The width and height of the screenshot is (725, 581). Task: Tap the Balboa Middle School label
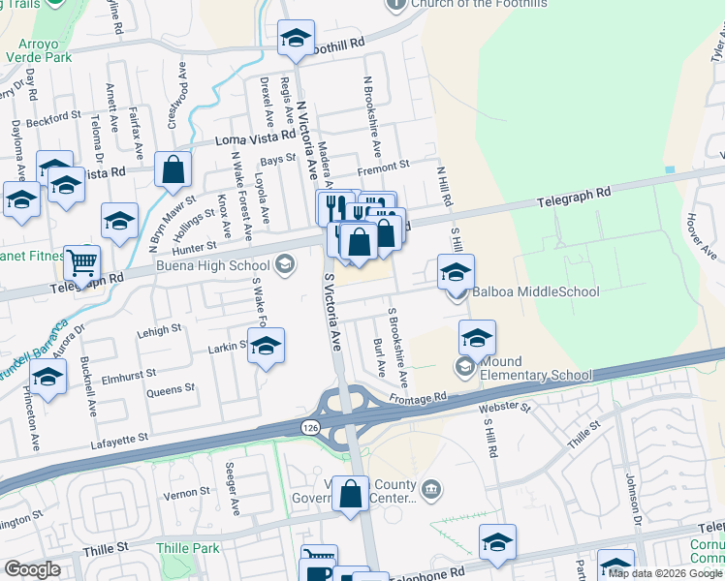[535, 291]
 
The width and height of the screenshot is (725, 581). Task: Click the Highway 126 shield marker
[309, 427]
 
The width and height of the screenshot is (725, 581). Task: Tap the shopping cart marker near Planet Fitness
[81, 260]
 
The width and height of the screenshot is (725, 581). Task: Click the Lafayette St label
[119, 439]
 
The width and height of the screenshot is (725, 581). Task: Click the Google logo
[32, 569]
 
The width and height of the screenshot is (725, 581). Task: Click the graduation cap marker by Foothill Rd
[295, 39]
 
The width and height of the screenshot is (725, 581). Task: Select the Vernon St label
[180, 494]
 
